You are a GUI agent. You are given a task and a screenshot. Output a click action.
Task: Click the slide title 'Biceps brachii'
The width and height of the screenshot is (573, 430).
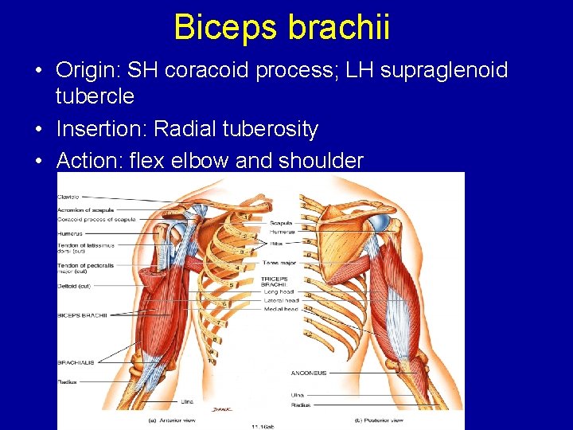282,26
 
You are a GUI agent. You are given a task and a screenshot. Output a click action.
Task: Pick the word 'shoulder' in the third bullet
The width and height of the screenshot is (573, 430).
321,161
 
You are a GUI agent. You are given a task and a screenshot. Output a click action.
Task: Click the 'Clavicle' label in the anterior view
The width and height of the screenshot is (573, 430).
68,196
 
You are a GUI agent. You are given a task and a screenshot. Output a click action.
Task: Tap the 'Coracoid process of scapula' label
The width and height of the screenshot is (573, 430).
96,219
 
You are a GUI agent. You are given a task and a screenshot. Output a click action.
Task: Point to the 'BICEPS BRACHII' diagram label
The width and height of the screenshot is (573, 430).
83,315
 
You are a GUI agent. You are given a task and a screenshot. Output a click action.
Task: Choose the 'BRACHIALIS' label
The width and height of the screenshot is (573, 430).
76,362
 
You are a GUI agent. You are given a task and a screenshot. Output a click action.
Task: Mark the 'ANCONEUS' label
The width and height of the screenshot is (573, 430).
309,373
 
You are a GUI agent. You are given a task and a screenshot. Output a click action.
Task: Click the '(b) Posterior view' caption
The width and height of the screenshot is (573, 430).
380,419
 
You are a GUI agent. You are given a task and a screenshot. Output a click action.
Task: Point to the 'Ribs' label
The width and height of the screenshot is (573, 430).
275,241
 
